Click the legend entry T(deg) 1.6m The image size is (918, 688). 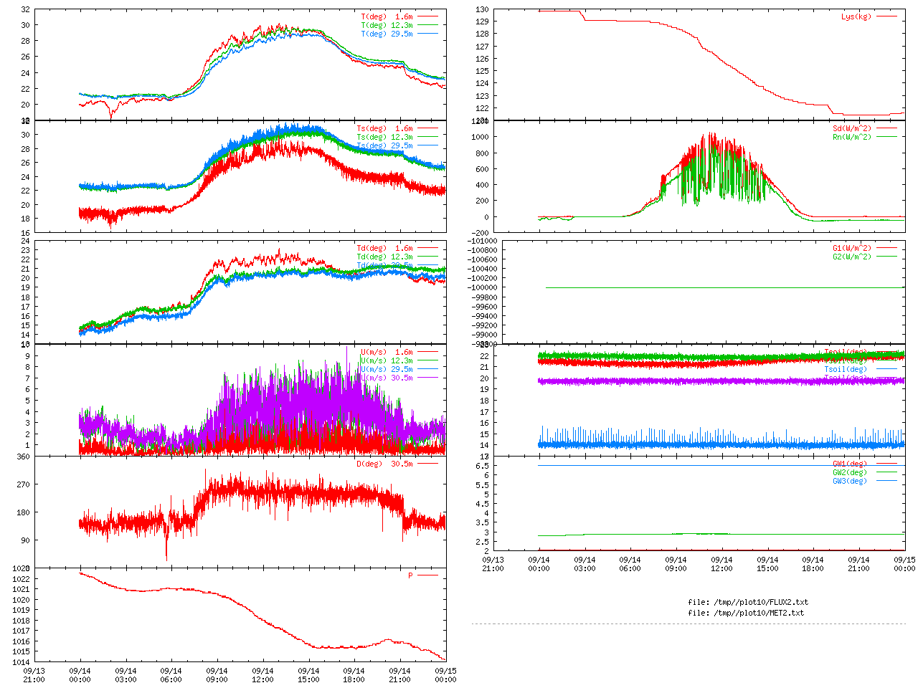click(387, 16)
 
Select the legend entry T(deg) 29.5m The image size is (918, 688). click(387, 34)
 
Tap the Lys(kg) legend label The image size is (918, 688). click(856, 16)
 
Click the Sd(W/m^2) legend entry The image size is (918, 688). click(851, 128)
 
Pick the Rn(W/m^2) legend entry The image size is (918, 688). click(851, 137)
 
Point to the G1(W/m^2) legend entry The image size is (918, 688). click(851, 248)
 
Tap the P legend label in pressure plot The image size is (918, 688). click(411, 575)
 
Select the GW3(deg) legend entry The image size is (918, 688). click(849, 481)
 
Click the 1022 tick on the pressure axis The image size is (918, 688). click(21, 579)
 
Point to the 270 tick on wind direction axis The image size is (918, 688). click(23, 484)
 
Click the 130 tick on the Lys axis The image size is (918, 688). click(481, 10)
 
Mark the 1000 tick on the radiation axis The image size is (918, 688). click(479, 137)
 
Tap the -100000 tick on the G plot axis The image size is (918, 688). click(473, 287)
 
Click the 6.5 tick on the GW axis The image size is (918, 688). click(483, 466)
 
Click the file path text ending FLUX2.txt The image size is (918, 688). click(747, 602)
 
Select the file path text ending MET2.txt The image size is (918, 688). click(745, 613)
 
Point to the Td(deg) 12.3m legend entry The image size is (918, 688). click(384, 257)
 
